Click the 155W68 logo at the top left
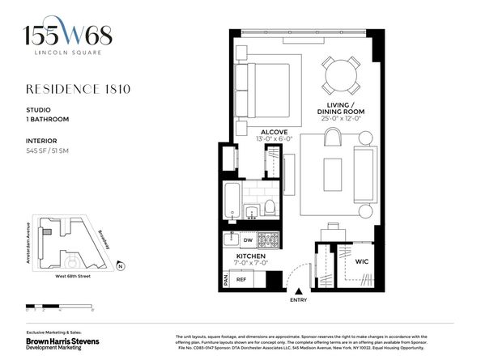point(68,36)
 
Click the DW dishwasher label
point(249,240)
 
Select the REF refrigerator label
point(241,280)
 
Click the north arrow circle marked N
point(120,265)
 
